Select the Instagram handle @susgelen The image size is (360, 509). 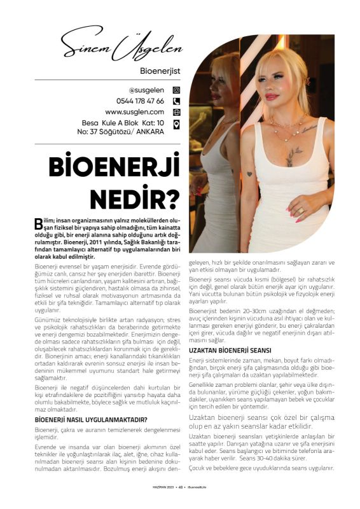click(146, 90)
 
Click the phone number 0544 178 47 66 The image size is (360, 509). click(140, 101)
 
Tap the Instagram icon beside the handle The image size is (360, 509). click(177, 90)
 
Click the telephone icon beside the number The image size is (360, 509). click(177, 101)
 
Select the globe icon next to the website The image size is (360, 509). click(177, 112)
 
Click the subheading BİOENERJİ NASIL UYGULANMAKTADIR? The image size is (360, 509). click(91, 419)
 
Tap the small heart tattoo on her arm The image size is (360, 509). click(249, 174)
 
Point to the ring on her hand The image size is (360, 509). click(300, 209)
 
